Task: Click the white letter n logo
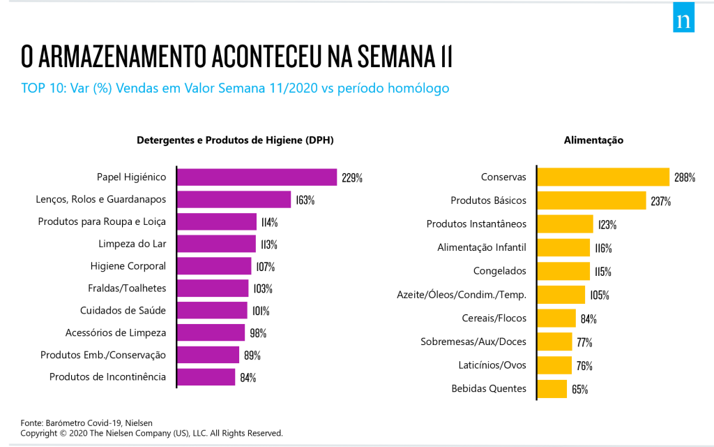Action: pos(683,20)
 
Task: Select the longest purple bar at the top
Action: pos(257,177)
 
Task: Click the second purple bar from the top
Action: pos(234,199)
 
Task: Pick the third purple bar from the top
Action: pos(217,221)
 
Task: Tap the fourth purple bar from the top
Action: pos(217,244)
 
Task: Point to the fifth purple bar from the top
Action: pos(215,266)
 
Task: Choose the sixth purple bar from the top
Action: pos(213,288)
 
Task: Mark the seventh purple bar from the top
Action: pos(213,310)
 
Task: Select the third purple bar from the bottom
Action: pos(211,332)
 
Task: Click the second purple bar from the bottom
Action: pos(208,355)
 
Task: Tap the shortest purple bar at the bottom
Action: pos(206,377)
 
